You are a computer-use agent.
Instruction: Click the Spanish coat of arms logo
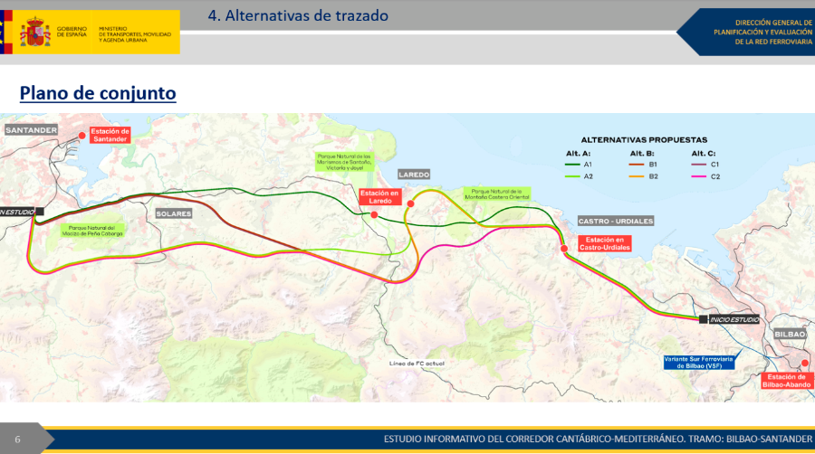pos(35,33)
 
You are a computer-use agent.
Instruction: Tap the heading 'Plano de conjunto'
pos(98,93)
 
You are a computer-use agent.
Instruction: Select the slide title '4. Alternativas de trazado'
pos(298,15)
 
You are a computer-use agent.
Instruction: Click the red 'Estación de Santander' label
pos(111,135)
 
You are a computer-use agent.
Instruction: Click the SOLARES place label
pos(174,213)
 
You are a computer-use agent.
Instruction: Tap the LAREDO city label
pos(414,175)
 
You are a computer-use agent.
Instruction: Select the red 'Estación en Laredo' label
pos(379,196)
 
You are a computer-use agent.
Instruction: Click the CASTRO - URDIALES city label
pos(616,221)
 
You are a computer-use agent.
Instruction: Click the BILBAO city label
pos(790,335)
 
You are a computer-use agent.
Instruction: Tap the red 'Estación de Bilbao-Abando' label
pos(786,381)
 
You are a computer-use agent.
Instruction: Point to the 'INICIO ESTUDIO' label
pos(734,319)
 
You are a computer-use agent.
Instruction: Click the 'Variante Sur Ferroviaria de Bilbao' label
pos(698,363)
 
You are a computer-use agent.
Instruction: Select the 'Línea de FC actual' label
pos(417,363)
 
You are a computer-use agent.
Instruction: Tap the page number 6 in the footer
pos(17,440)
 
